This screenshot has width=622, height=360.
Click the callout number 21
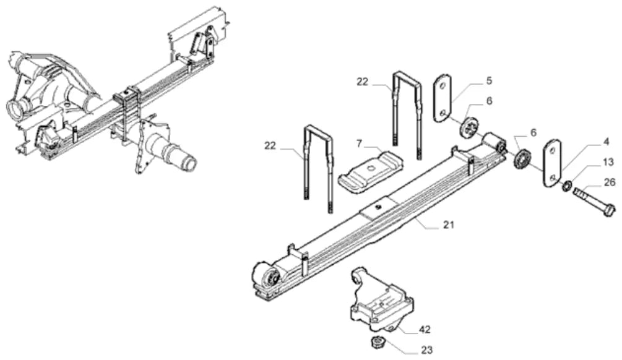pyautogui.click(x=448, y=225)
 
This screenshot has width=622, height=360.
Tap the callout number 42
pyautogui.click(x=425, y=330)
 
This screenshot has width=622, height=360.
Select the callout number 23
pyautogui.click(x=427, y=350)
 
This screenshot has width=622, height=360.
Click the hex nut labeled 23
pyautogui.click(x=376, y=342)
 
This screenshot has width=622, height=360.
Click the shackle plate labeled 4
pyautogui.click(x=552, y=163)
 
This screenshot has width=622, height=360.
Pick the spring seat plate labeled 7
pyautogui.click(x=371, y=171)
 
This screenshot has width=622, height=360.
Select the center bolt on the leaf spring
pyautogui.click(x=378, y=206)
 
